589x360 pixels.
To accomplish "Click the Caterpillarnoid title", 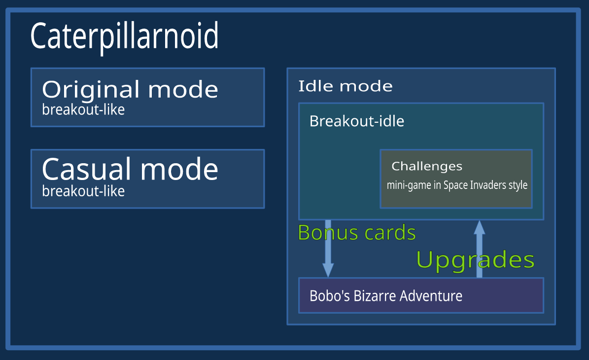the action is (124, 37).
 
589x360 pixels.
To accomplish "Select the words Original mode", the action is (130, 90).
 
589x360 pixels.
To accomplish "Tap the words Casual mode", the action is (130, 169).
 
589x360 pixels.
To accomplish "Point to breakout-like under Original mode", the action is (83, 110).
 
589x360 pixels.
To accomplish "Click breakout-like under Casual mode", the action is (83, 191).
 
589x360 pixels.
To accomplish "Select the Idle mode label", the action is (345, 86).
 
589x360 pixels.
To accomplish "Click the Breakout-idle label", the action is (357, 121).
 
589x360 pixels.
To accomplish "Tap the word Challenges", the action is (427, 166).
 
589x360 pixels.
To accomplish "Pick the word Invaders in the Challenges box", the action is (488, 185).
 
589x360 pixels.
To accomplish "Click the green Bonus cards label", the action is (357, 233).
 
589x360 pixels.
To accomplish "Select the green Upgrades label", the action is (475, 260).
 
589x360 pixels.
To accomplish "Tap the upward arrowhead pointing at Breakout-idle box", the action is (479, 227).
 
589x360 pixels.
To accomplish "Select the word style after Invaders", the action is (518, 185).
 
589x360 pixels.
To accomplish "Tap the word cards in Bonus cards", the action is (390, 233).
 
